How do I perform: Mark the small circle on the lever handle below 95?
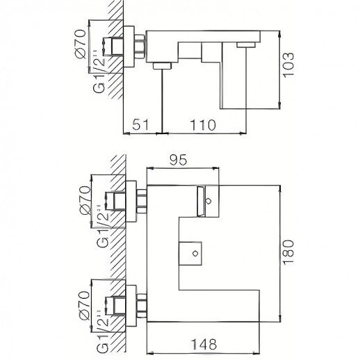coord(208,202)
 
